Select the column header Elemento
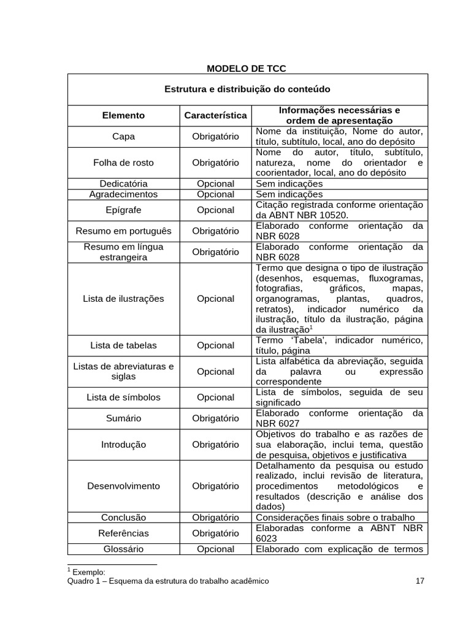[123, 115]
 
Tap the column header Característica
[215, 115]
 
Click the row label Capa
[123, 136]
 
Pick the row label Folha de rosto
[123, 163]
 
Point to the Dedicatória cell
[123, 183]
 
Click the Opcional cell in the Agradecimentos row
[215, 194]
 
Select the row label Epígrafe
[123, 210]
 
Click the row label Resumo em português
[123, 231]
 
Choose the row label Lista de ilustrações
[123, 299]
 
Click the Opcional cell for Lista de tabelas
[215, 345]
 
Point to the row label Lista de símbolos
[123, 397]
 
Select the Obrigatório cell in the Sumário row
[215, 418]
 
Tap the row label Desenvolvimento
[123, 486]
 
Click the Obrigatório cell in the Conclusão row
[215, 517]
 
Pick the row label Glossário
[123, 549]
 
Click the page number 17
[419, 581]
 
